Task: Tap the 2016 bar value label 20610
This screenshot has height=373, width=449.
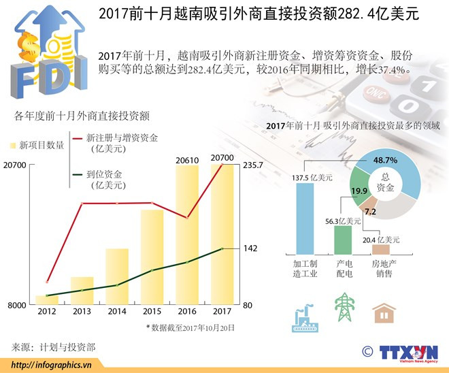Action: (x=186, y=160)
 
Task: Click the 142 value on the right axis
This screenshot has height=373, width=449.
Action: (x=250, y=248)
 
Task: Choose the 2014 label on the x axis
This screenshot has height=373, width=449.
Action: (x=117, y=312)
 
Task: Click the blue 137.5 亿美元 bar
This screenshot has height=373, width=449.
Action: (x=305, y=218)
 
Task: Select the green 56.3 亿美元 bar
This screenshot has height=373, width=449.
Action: (x=343, y=240)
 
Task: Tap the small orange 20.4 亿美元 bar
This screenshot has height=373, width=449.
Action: (x=381, y=249)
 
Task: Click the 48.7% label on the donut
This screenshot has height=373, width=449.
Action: (x=386, y=160)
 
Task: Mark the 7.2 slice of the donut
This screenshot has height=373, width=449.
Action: (x=371, y=211)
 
